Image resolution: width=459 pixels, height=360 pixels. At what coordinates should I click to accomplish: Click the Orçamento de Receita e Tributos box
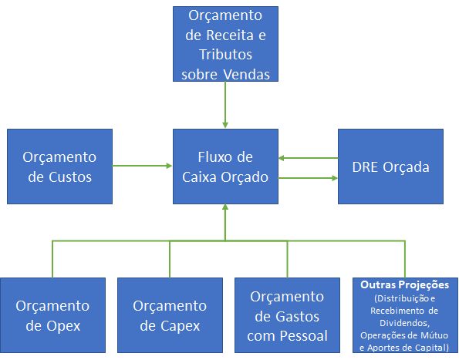click(225, 44)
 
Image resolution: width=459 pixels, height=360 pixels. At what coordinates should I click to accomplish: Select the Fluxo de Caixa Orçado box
click(225, 167)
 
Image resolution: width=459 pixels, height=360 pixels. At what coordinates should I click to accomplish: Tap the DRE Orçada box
click(390, 167)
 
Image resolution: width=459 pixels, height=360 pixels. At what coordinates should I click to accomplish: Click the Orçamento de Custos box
click(59, 167)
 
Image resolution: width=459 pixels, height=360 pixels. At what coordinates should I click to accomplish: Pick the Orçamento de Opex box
click(52, 315)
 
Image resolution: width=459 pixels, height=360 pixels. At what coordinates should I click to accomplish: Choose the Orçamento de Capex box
click(170, 315)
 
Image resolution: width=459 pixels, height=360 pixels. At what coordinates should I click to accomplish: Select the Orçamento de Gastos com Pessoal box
click(287, 315)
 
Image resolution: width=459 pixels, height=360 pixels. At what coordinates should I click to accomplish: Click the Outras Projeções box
click(404, 315)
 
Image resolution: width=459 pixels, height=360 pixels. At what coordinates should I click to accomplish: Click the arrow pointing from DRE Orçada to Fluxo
click(309, 158)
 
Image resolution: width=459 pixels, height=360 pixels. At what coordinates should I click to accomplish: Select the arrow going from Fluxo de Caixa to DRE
click(309, 178)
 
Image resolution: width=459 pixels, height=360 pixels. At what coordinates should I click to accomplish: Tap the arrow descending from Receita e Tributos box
click(225, 105)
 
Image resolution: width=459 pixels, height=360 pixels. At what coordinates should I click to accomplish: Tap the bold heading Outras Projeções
click(404, 285)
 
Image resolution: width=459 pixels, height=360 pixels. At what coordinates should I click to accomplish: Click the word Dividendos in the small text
click(404, 323)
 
